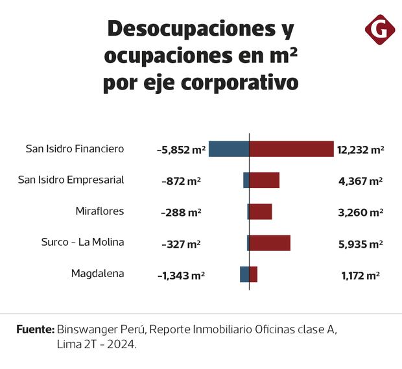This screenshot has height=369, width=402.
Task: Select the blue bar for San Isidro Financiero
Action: (228, 149)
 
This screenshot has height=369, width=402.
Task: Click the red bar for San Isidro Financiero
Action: (291, 149)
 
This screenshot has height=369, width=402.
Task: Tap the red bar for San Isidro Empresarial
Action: (265, 180)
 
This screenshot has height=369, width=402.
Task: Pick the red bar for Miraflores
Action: (261, 211)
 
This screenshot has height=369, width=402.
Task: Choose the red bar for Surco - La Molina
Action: (270, 243)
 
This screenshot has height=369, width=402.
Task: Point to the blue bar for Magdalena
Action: (244, 274)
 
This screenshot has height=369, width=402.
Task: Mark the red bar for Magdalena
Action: (254, 274)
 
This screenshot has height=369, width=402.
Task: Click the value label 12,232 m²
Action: (361, 150)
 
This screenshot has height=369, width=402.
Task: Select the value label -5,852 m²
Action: (181, 150)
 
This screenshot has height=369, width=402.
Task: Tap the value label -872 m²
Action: (181, 181)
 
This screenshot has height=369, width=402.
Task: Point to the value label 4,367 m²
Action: (361, 181)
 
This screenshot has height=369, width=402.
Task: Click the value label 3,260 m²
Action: (361, 212)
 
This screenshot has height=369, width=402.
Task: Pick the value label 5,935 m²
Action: (361, 243)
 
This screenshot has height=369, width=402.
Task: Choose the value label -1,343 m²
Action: (181, 275)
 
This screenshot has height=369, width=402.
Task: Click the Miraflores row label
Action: (100, 211)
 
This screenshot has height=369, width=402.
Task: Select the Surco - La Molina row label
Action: (82, 242)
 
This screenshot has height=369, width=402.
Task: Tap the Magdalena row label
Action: (97, 273)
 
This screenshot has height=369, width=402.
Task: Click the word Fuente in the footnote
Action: (35, 329)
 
